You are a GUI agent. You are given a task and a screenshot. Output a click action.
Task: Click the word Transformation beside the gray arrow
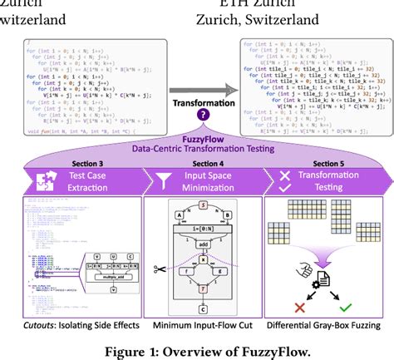pos(196,101)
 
